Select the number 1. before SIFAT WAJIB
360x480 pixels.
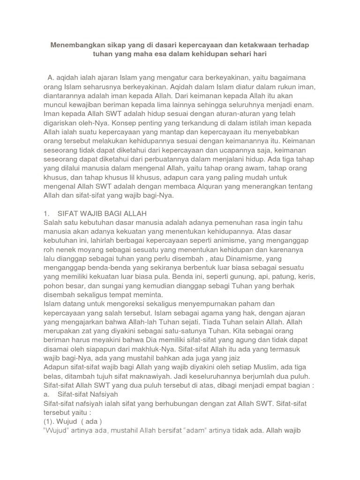click(46, 213)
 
